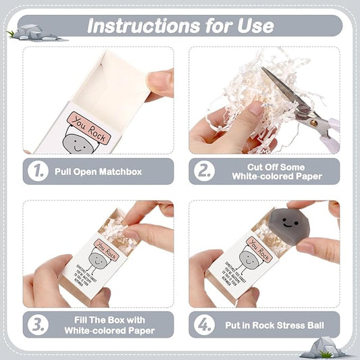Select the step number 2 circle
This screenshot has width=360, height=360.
(x=203, y=172)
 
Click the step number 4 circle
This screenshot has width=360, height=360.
(x=203, y=324)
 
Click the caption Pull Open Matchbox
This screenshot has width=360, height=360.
(x=99, y=172)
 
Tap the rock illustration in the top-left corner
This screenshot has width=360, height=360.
(x=30, y=32)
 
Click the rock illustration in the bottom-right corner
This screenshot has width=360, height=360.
(x=317, y=347)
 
